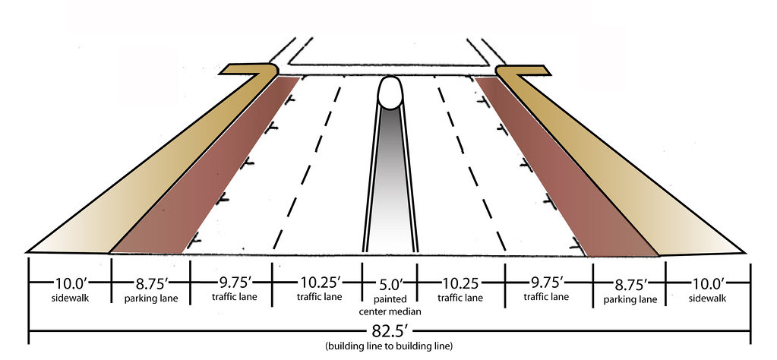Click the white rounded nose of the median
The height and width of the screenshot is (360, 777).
pyautogui.click(x=390, y=93)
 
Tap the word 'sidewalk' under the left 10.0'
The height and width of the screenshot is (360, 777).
pyautogui.click(x=69, y=298)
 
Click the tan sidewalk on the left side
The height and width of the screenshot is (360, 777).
pyautogui.click(x=144, y=175)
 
